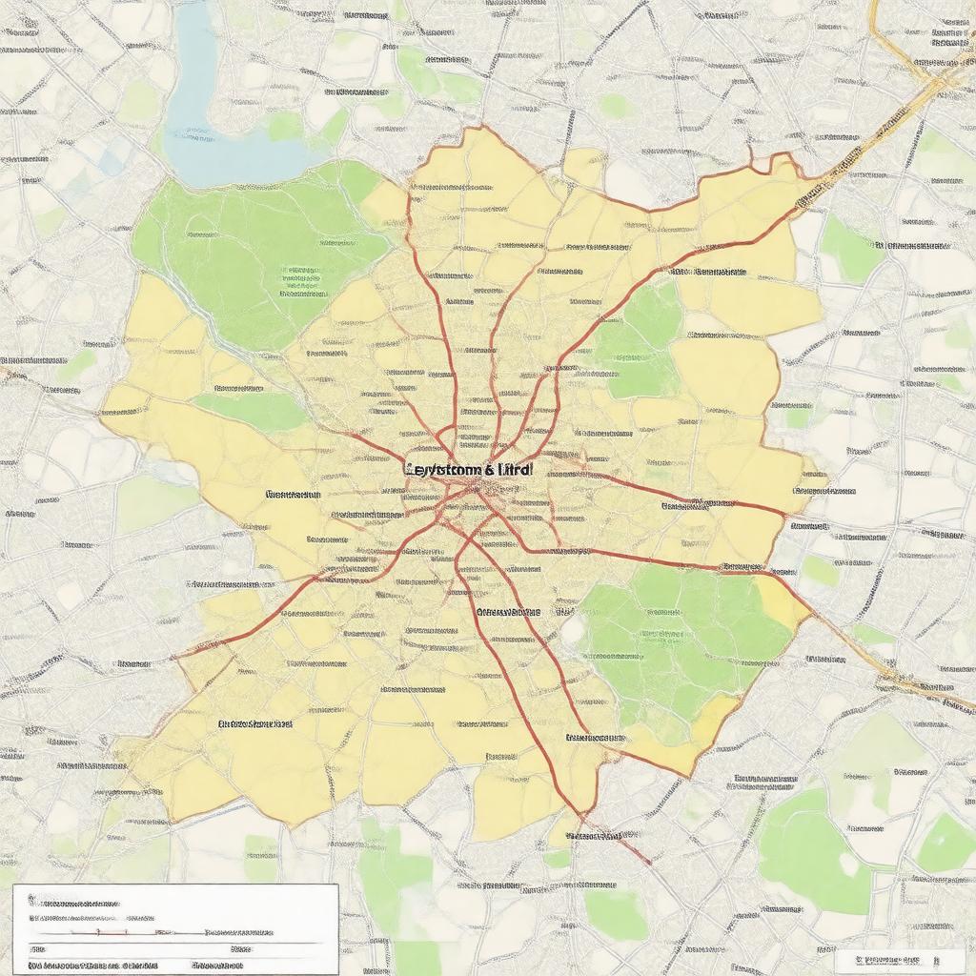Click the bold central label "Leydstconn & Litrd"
point(469,470)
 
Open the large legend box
point(175,928)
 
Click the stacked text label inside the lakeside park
point(301,276)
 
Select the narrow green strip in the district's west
point(253,410)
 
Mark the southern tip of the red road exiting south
point(648,864)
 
